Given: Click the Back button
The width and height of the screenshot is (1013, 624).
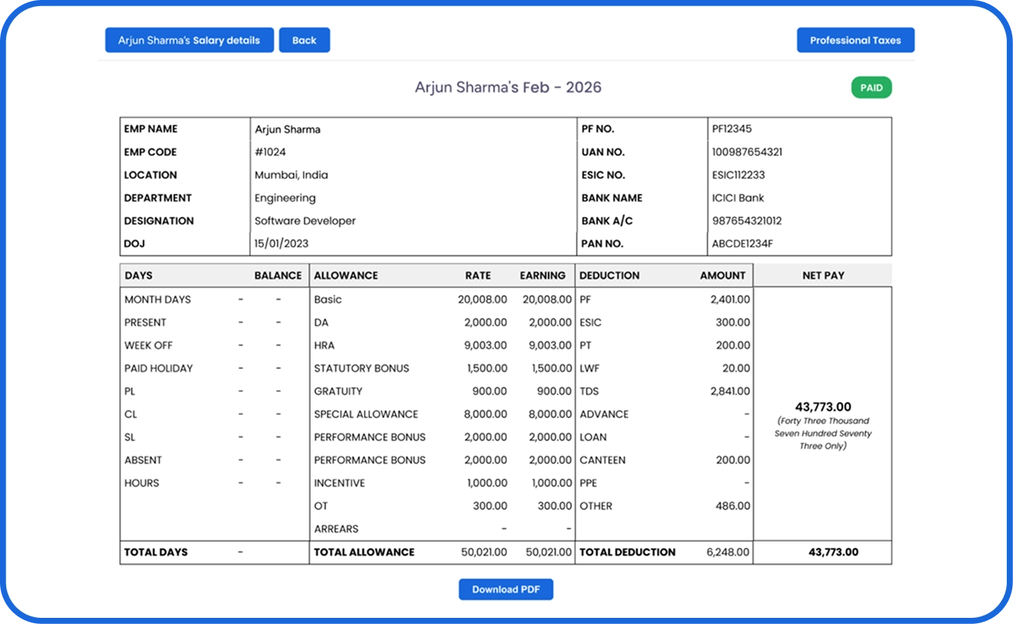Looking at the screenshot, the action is point(305,40).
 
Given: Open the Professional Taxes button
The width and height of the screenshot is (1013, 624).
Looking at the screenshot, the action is point(855,40).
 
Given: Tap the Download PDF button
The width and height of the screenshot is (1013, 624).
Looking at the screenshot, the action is point(506,589).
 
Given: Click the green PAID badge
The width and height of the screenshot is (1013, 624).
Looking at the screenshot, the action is point(871,88).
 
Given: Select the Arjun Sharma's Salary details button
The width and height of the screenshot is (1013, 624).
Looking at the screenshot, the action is point(189,40).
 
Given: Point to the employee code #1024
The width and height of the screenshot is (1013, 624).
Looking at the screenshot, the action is point(270,152).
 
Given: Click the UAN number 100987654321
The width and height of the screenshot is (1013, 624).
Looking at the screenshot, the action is point(747,152).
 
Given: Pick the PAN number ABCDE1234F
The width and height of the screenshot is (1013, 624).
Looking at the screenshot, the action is point(742,244).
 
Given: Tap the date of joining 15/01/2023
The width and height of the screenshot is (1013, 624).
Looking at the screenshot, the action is point(282,244).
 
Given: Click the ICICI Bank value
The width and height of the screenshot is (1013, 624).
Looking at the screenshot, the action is point(738,198).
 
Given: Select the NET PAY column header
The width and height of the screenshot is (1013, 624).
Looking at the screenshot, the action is point(824,276).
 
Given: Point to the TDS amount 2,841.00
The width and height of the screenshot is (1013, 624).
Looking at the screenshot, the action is point(730,391).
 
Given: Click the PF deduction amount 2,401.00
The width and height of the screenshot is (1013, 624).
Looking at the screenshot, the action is point(730,300).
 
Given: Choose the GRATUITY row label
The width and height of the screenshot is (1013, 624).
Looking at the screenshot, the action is point(338,391).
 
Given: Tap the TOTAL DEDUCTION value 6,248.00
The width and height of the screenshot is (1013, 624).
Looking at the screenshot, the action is point(728,553).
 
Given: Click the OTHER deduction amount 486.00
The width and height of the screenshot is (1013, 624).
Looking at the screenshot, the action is point(732,506).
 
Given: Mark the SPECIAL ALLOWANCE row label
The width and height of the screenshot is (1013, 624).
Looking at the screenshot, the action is point(366,414).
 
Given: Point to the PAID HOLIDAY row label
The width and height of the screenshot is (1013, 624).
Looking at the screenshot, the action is point(158,369).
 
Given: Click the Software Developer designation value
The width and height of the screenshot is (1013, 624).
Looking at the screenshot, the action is point(305,221).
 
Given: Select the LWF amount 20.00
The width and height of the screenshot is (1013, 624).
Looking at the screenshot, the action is point(736,369).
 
